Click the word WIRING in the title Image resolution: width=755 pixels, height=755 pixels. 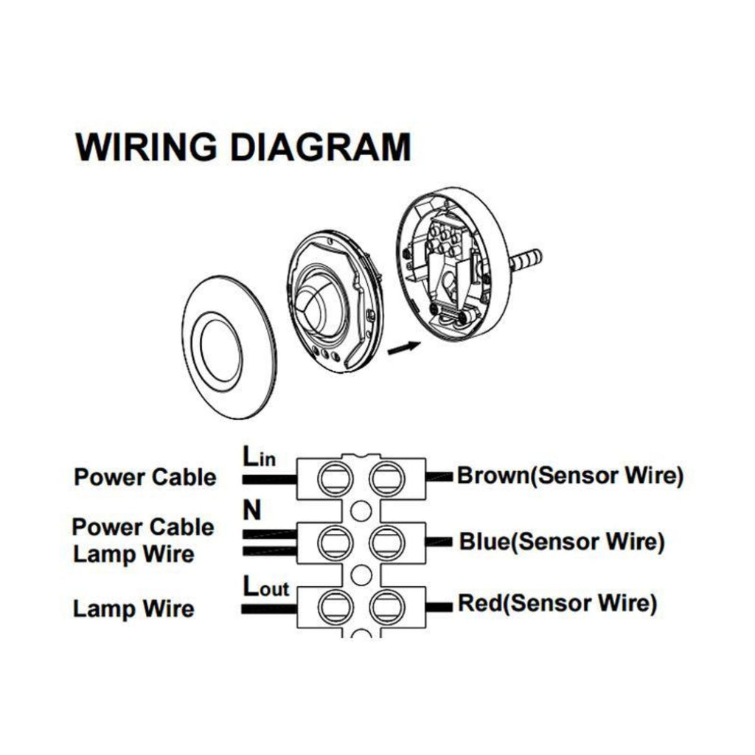tap(146, 147)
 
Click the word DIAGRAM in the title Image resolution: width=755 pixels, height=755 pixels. tap(319, 147)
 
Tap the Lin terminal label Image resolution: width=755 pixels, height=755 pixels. tap(258, 456)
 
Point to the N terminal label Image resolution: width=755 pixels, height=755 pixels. tap(251, 511)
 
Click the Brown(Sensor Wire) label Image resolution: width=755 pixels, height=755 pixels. tap(570, 476)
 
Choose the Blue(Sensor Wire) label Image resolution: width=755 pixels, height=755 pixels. tap(562, 542)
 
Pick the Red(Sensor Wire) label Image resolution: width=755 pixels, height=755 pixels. tap(557, 604)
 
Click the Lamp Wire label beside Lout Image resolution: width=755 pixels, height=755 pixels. tap(133, 609)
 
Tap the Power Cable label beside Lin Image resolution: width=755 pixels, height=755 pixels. tap(145, 477)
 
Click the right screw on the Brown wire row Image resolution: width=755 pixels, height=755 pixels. tap(384, 478)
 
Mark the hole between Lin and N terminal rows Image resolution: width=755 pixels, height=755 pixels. tap(359, 509)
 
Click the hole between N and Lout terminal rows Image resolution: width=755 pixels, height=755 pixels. tap(359, 574)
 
